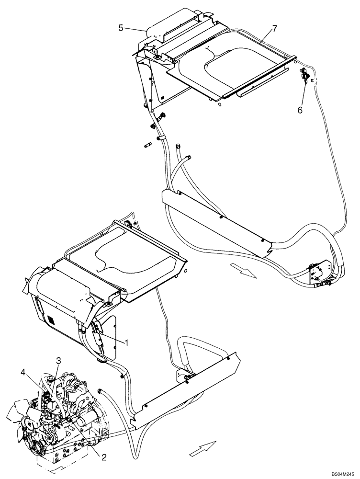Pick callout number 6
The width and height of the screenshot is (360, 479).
point(300,110)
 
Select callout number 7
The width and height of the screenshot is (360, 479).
point(274,29)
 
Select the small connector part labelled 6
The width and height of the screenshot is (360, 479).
point(304,76)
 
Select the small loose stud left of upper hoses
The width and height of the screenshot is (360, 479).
point(147,145)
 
